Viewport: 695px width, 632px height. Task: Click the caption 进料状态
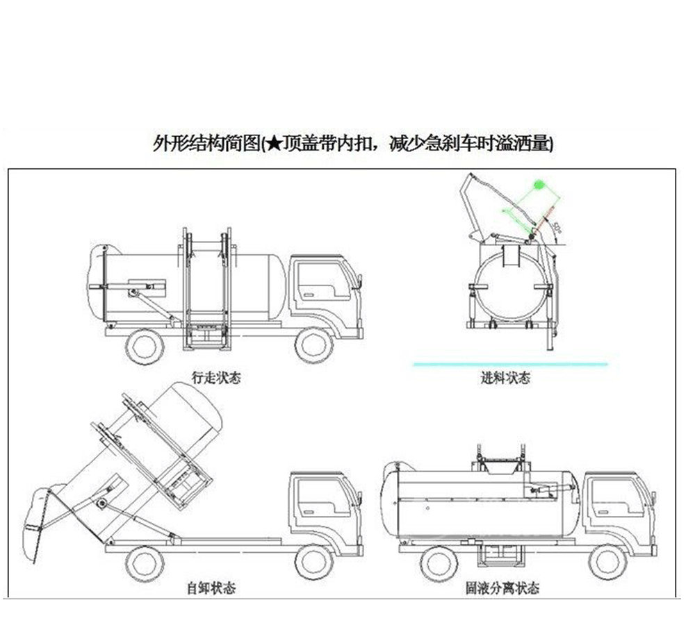(505, 379)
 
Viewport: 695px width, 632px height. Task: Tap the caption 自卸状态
(211, 588)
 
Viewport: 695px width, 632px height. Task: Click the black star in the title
(273, 144)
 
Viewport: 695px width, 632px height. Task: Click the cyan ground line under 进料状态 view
(510, 363)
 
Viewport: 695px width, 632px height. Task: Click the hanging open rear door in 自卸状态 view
(38, 517)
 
